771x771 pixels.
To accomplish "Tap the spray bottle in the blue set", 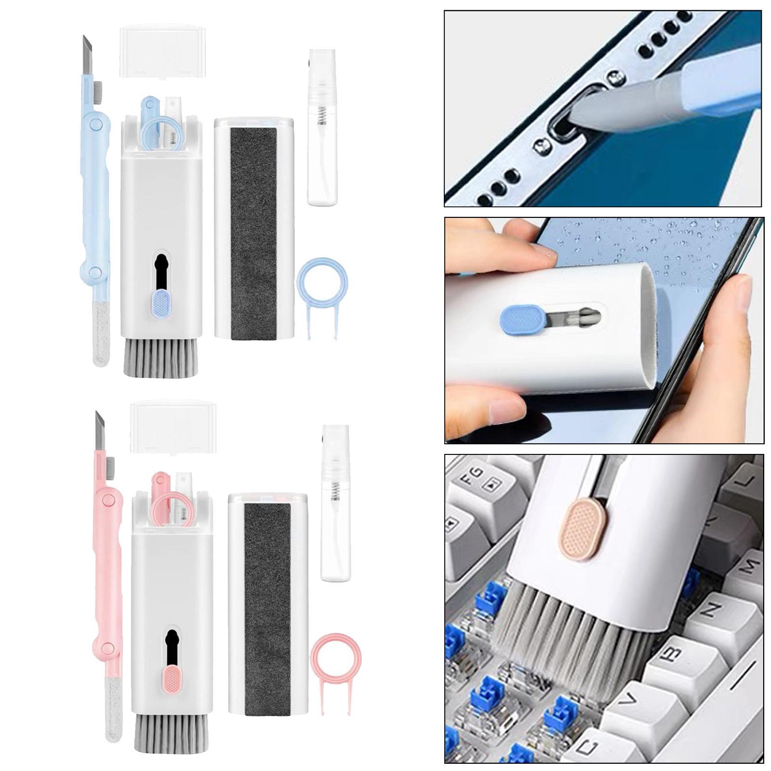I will coord(322,145).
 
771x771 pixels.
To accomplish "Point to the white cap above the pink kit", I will coord(173,426).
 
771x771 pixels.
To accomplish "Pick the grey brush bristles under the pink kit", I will coord(171,731).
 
